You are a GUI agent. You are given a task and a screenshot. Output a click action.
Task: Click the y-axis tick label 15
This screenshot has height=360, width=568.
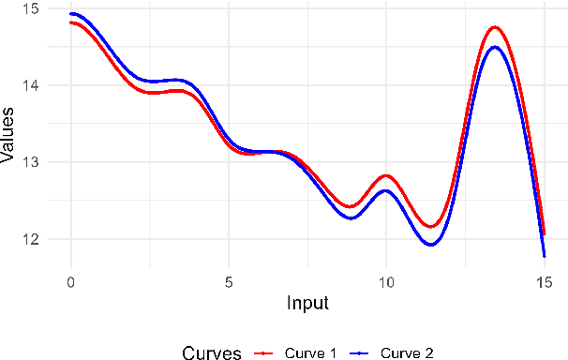(32, 8)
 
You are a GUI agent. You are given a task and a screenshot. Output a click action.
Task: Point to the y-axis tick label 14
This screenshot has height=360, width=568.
(32, 85)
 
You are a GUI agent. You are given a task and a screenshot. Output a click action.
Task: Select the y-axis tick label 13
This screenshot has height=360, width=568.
(32, 162)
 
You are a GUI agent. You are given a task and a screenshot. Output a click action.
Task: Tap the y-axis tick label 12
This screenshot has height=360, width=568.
(32, 239)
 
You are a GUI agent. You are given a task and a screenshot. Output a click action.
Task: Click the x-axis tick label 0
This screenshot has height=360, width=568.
(70, 281)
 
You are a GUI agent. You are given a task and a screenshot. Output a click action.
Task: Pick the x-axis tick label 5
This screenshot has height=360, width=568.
(228, 281)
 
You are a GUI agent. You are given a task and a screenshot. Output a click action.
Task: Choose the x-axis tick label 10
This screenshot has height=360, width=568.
(386, 281)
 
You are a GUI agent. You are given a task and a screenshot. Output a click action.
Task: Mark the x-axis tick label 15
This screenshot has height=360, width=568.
(544, 281)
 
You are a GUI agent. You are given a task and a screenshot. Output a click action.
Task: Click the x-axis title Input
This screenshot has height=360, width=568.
(307, 304)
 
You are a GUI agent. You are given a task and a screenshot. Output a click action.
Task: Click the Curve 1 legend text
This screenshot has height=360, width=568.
(312, 352)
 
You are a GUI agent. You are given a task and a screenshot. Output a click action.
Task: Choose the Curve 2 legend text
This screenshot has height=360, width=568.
(408, 352)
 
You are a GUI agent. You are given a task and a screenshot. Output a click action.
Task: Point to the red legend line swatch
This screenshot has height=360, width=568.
(264, 352)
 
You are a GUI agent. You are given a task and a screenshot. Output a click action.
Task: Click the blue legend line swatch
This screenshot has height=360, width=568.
(360, 352)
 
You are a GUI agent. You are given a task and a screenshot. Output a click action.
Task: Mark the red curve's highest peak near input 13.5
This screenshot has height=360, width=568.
(495, 27)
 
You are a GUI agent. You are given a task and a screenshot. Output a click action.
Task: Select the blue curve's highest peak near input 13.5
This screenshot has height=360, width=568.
(495, 47)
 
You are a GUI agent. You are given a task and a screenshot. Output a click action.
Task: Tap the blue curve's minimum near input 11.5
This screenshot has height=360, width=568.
(431, 245)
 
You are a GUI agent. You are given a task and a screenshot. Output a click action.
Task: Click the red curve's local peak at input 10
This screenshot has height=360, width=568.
(386, 175)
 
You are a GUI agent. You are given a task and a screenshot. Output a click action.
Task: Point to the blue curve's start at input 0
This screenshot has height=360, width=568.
(71, 14)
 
